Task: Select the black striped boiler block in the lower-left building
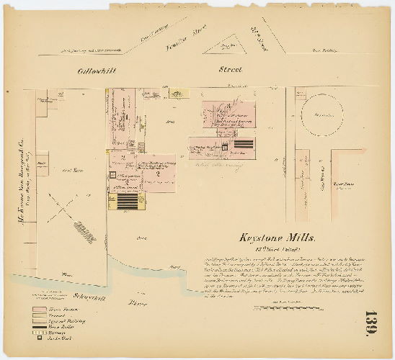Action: click(128, 200)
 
